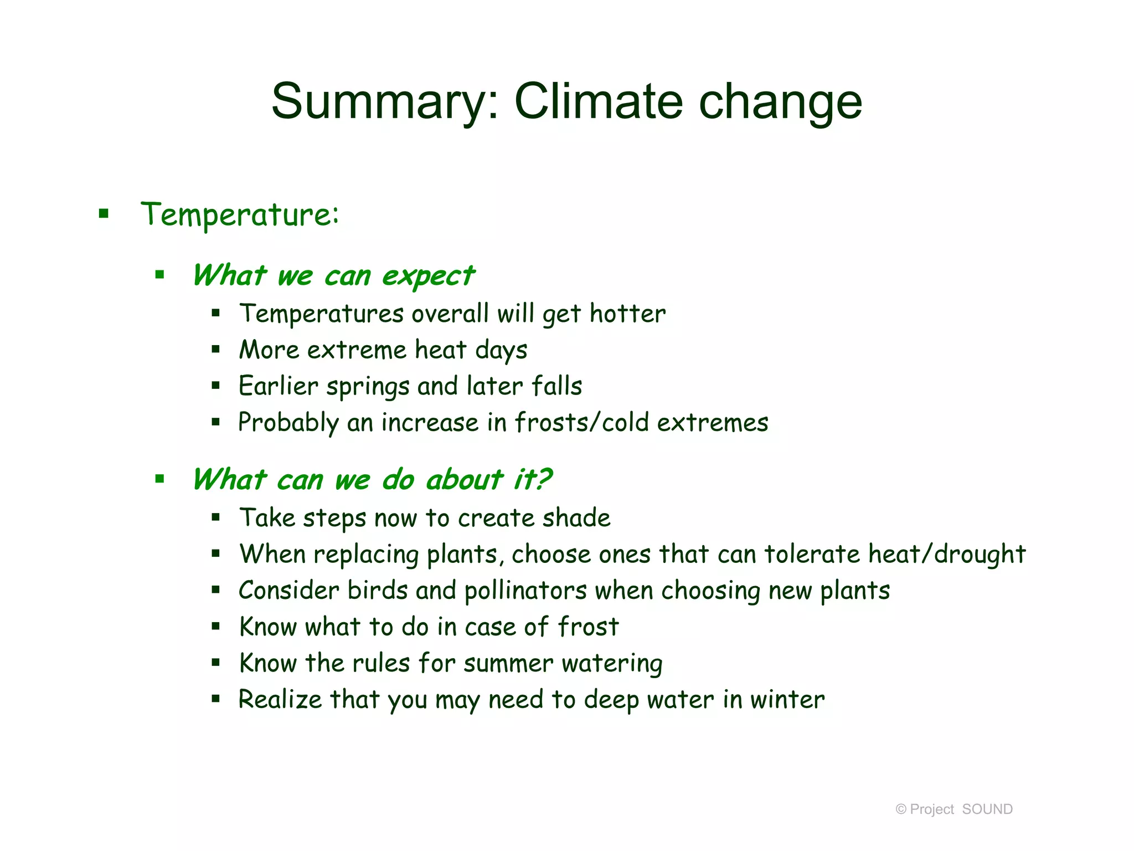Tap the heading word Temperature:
coord(239,215)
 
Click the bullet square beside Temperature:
coord(104,213)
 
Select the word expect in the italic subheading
coord(427,276)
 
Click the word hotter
coord(627,314)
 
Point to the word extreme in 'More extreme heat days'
coord(357,350)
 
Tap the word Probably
coord(288,423)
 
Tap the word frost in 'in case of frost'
coord(587,627)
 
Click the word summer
coord(508,664)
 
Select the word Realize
coord(280,700)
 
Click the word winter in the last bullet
coord(787,700)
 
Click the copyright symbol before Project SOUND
coord(901,809)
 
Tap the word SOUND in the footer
coord(987,809)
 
